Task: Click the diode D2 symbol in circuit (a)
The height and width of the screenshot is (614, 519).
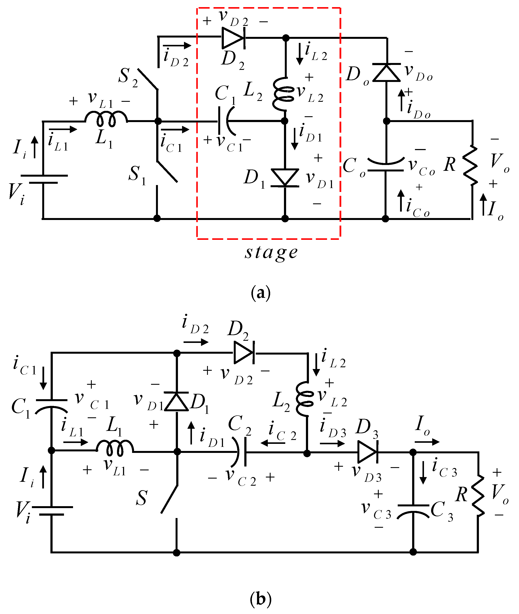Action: [x=233, y=38]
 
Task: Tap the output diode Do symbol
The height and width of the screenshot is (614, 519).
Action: [x=387, y=72]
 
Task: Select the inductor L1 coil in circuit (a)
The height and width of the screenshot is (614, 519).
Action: [x=106, y=119]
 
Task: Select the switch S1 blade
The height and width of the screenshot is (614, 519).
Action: [x=167, y=172]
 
